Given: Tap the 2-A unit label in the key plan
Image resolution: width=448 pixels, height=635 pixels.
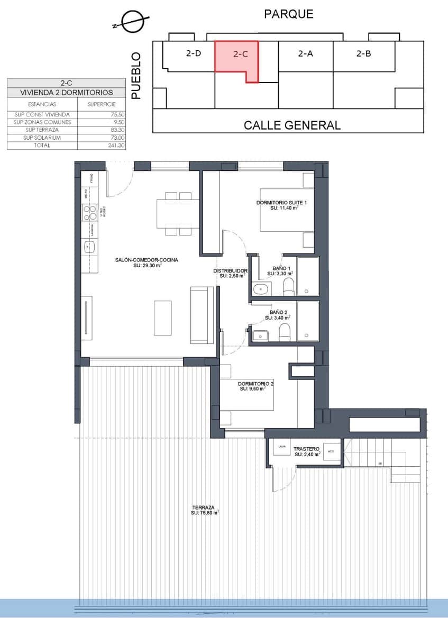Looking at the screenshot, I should [x=305, y=53].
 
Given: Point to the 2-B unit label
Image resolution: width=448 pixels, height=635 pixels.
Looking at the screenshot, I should [x=363, y=53].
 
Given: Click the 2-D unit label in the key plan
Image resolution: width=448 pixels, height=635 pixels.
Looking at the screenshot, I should [x=194, y=53].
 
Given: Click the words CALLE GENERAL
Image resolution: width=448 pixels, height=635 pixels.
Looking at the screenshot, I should [x=292, y=125].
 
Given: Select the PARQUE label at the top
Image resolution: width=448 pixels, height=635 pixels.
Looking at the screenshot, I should [x=289, y=14].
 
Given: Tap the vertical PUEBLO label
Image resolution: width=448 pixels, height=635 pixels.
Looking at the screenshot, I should [x=136, y=75].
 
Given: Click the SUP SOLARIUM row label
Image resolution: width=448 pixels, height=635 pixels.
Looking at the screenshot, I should [x=42, y=138].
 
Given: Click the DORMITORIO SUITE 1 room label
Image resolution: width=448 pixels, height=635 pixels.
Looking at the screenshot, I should [x=281, y=203].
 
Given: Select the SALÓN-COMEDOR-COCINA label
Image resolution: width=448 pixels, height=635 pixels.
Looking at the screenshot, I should [x=147, y=260].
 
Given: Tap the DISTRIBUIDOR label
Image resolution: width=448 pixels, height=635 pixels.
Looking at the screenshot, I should [x=231, y=270].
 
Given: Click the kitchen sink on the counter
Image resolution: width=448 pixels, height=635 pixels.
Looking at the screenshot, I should [x=89, y=247].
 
